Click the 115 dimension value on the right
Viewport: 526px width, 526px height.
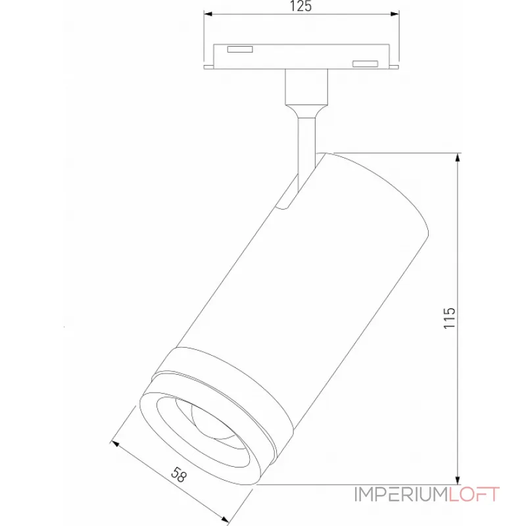[450, 319]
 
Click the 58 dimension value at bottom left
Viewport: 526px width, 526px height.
[178, 475]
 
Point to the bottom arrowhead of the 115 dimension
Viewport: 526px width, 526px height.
[458, 481]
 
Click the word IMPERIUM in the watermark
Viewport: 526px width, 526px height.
[401, 494]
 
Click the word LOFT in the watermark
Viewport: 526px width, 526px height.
[475, 494]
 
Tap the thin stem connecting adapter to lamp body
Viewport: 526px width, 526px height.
[306, 141]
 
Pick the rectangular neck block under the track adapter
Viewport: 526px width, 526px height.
[306, 87]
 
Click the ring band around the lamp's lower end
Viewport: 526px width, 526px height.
[224, 381]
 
